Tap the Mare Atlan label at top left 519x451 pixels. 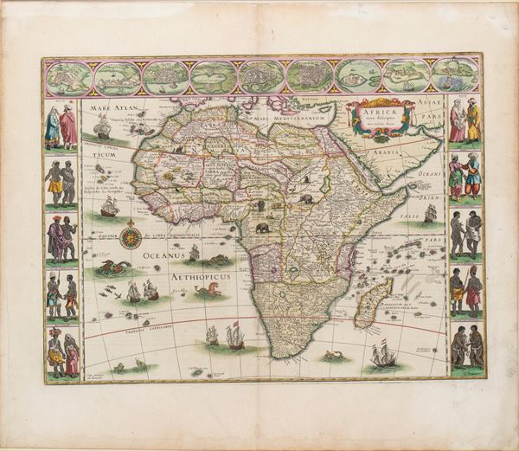pos(108,108)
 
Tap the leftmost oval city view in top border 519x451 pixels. pos(67,77)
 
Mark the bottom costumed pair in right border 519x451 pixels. pos(465,345)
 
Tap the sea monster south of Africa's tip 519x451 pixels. pos(330,356)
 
